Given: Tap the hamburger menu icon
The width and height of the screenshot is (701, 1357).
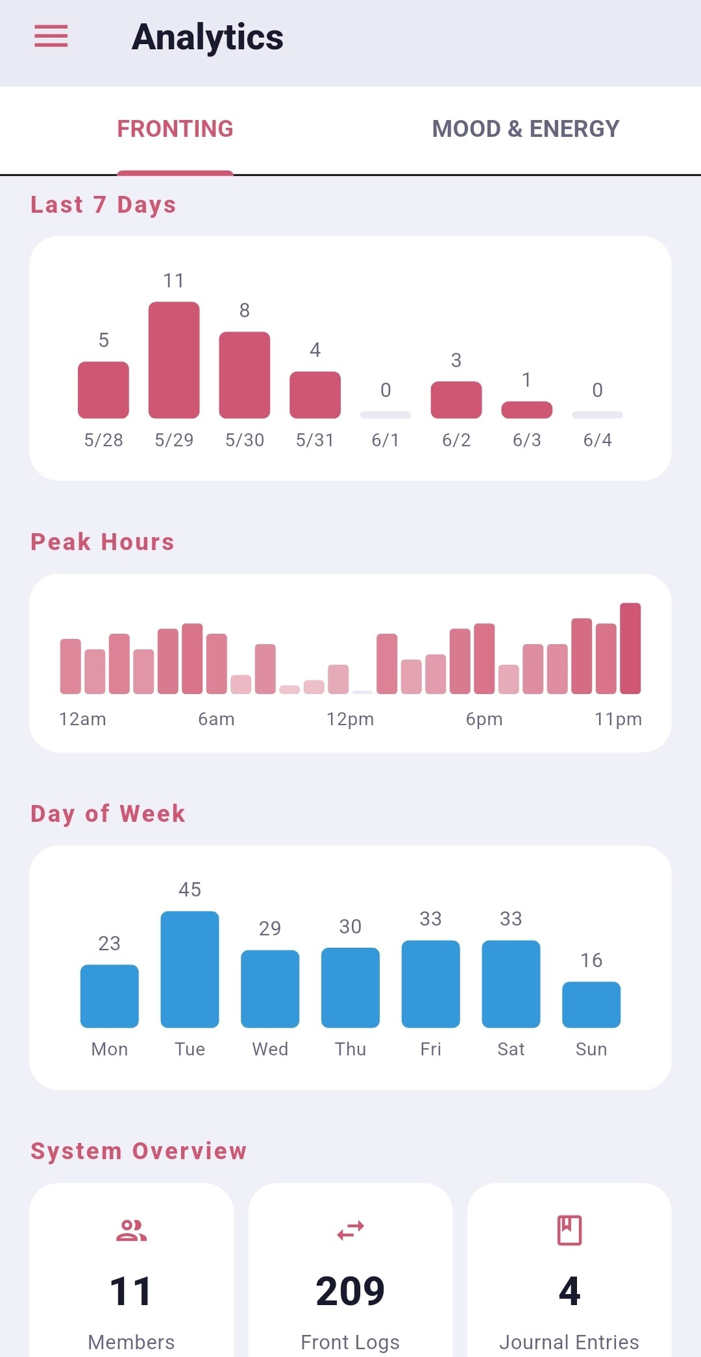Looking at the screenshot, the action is (51, 36).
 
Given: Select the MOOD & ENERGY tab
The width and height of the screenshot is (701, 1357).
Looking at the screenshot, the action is (526, 128).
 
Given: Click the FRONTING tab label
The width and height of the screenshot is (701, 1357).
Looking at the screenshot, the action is (175, 128).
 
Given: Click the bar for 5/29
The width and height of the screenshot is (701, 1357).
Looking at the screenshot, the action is (174, 360).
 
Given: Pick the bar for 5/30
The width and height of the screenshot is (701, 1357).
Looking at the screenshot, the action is (245, 375).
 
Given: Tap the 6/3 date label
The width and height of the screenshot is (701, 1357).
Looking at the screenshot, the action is (527, 440).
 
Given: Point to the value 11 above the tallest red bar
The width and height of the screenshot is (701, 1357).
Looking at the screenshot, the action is (173, 281).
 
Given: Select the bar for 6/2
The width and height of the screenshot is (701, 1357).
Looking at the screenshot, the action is (456, 400).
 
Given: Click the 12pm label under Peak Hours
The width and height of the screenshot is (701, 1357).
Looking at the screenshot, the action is (350, 719).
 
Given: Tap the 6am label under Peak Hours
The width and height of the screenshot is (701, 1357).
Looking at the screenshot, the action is (216, 719).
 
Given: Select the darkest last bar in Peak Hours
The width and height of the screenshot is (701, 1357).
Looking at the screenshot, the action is (630, 649).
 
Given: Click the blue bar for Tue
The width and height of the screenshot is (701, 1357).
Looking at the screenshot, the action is (190, 970).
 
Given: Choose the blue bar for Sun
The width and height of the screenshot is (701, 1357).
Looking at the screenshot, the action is (591, 1005).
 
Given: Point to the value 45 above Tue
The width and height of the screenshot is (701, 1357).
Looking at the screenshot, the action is (190, 889).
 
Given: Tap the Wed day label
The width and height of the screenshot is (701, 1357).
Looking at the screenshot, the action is (270, 1049).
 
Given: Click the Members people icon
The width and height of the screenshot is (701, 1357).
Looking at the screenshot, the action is (131, 1231).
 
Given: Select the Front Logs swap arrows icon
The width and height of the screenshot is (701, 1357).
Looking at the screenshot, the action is (350, 1231).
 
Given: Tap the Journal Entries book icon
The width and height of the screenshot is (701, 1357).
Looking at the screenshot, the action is (569, 1231).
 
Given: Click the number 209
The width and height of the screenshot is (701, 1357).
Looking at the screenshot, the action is (350, 1291).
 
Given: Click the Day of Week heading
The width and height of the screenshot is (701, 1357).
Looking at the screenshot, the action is (108, 813).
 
